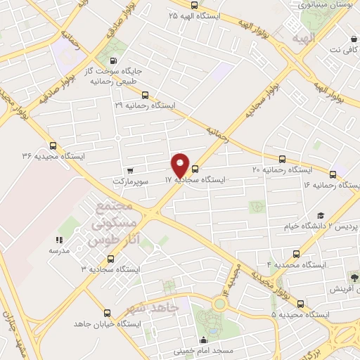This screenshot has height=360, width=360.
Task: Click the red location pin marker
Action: tap(181, 165)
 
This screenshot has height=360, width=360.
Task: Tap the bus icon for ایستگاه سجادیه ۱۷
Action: tap(195, 168)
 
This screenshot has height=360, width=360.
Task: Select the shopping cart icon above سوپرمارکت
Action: tap(130, 170)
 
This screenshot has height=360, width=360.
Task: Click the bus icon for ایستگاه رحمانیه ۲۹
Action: tap(145, 94)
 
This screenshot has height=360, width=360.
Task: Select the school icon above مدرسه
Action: tap(59, 240)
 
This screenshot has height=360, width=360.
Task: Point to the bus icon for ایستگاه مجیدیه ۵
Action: tap(301, 304)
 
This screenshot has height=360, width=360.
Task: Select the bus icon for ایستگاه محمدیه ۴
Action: tap(296, 254)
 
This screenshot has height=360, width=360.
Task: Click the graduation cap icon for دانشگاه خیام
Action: tap(321, 217)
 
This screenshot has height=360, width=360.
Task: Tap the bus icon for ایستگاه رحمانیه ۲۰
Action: tap(283, 160)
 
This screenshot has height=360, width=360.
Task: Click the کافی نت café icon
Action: tap(351, 39)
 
